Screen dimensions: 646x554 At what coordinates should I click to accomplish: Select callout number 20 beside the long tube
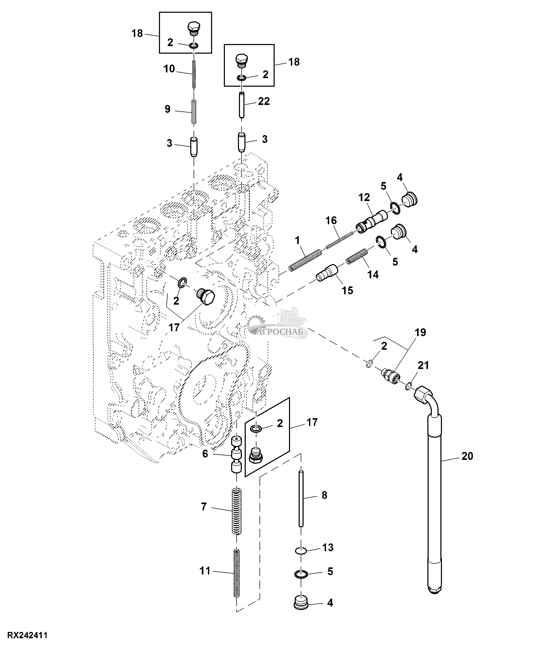pos(467,456)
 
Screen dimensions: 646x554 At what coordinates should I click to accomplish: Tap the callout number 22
pos(264,101)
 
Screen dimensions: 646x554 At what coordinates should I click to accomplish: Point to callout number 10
pos(169,69)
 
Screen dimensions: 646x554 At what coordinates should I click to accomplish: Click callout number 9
pos(168,109)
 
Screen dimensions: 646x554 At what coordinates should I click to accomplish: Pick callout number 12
pos(364,197)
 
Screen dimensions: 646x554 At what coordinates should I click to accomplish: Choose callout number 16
pos(331,221)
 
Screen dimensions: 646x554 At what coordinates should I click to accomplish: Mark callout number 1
pos(297,240)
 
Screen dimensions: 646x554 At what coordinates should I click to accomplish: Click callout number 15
pos(347,290)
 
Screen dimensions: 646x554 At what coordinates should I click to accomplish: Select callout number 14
pos(373,274)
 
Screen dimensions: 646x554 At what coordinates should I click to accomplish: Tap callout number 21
pos(423,365)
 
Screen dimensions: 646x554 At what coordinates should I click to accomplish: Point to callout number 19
pos(420,332)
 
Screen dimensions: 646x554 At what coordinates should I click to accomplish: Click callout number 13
pos(328,547)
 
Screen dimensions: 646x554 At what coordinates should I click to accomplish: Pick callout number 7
pos(204,507)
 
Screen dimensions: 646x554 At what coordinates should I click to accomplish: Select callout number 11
pos(205,571)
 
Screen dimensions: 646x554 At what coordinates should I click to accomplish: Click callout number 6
pos(205,454)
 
